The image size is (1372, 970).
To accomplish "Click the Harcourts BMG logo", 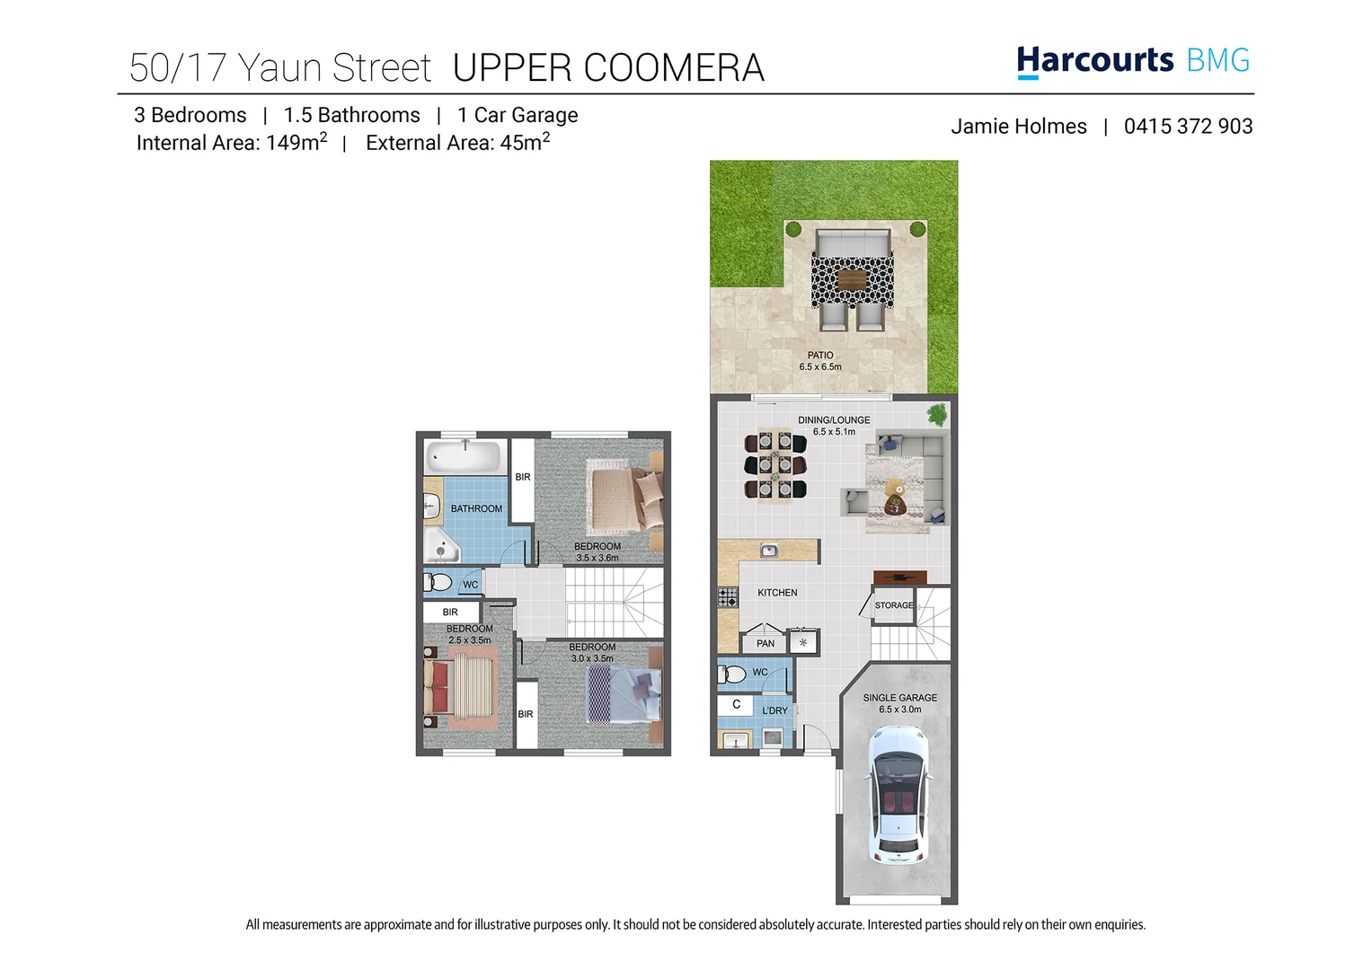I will coord(1132,61).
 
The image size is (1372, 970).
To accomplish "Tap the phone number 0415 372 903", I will coord(1188,127).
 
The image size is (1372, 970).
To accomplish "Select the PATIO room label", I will coord(819,356).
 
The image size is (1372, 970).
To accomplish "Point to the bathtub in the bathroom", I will coord(464,457).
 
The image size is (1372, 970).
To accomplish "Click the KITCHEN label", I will coord(777,593).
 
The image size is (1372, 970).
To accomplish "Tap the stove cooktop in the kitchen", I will coord(728,597).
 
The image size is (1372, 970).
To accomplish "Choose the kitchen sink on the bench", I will coord(769,551).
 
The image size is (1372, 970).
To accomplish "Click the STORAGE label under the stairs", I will coord(894,605).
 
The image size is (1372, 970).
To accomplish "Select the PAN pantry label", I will coord(765,643).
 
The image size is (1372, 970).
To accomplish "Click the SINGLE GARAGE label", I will coord(899,698).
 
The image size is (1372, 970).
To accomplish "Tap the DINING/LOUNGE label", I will coord(834,420).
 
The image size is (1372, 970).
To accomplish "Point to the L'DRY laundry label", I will coord(775,710).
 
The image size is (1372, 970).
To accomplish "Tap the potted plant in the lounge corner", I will coord(937,414).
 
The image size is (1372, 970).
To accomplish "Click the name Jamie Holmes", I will coord(1018,127).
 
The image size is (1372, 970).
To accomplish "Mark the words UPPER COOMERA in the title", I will coord(608,68).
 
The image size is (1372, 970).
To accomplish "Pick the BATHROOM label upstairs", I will coord(476,508).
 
